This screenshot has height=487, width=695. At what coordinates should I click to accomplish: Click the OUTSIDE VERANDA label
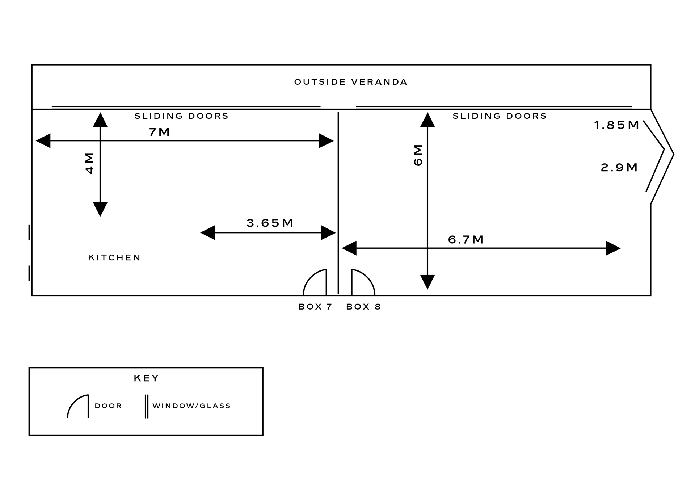(x=351, y=82)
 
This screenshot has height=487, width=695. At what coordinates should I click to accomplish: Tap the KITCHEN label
(x=114, y=258)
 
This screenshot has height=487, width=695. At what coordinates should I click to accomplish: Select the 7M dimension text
(x=160, y=132)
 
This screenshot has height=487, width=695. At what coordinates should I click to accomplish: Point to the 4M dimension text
(x=90, y=163)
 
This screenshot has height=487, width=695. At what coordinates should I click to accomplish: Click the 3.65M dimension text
(x=270, y=223)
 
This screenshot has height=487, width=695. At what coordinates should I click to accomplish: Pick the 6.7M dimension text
(x=466, y=240)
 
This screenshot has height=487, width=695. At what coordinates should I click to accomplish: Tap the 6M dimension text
(x=418, y=155)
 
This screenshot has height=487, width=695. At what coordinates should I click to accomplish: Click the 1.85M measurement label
(x=617, y=125)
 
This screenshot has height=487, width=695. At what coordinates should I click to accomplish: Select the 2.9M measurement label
(x=619, y=168)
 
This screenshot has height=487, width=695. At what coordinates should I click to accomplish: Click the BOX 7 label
(x=315, y=307)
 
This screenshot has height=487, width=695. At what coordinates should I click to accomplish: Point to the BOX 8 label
(x=364, y=307)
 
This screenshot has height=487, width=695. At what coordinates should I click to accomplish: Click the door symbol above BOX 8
(x=362, y=282)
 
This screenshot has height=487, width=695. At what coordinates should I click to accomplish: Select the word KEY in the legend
(x=147, y=378)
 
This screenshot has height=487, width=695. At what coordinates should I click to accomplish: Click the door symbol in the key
(x=78, y=406)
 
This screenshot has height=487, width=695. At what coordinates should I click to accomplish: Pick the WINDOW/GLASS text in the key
(x=192, y=406)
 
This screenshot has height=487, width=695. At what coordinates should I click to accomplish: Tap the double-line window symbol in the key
(x=147, y=406)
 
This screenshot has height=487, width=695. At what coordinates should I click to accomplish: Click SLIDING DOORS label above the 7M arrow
(x=182, y=116)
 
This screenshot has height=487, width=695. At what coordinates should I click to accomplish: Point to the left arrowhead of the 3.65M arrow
(x=207, y=233)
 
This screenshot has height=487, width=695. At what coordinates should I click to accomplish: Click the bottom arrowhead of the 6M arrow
(x=427, y=282)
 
